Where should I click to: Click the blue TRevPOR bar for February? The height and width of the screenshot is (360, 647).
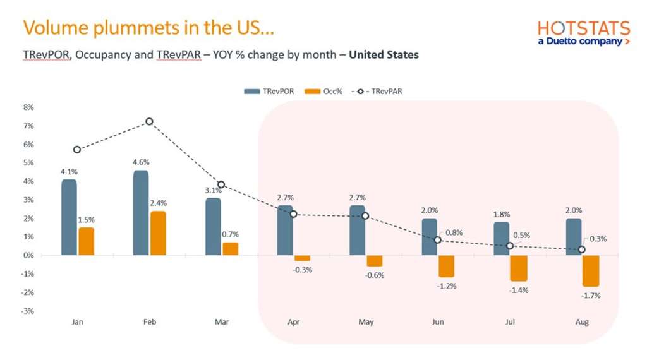pos(141,213)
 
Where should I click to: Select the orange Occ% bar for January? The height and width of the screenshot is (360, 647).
pos(86,241)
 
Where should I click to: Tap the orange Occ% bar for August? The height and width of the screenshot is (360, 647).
pos(591,271)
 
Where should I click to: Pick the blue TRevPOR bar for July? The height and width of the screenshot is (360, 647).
pos(501,239)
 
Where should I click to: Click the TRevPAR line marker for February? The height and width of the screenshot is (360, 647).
pos(149,121)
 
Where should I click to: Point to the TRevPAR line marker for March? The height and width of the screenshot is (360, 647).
pos(221,184)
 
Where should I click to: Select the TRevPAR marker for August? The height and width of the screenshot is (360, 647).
pos(582,249)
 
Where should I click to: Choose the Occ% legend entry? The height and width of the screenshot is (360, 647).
pos(323,92)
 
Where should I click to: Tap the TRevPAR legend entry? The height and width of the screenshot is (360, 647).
pos(377,92)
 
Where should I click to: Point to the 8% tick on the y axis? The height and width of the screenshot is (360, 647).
pos(28,107)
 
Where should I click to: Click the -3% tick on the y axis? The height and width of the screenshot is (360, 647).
pos(28,311)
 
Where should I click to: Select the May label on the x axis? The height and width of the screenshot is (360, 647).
pos(366,322)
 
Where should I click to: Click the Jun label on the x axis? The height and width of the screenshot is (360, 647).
pos(438,322)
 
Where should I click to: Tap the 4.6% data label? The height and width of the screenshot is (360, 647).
pos(142,162)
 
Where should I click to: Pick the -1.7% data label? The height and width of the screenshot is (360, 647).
pos(591,296)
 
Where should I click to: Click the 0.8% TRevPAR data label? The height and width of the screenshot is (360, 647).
pos(453,232)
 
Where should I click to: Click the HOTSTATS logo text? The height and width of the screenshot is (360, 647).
pos(583,28)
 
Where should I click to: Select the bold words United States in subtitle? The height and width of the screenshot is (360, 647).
pos(384,54)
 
